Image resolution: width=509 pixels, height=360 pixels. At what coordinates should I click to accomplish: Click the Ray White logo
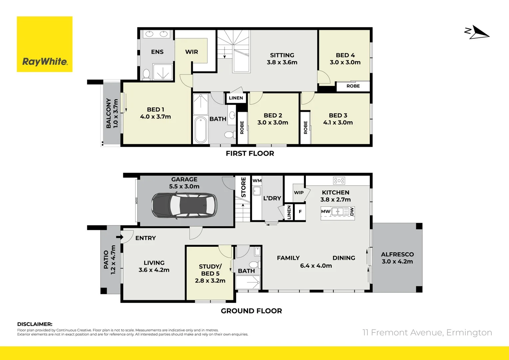[45, 44]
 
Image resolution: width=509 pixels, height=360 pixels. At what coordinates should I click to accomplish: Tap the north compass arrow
[477, 32]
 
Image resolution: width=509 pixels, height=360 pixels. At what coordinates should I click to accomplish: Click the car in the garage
[184, 205]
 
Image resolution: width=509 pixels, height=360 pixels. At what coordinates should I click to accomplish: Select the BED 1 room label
[155, 113]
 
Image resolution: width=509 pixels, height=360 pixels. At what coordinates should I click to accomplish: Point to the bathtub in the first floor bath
[201, 130]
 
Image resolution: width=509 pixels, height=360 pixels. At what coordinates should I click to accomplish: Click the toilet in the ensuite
[146, 74]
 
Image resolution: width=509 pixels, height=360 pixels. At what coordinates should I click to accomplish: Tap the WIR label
[192, 52]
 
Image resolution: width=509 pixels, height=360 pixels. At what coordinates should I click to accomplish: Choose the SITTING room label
[282, 59]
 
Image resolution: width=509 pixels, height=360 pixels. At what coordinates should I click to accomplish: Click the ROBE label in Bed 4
[353, 86]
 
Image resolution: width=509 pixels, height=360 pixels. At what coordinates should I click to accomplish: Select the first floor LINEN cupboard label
[236, 98]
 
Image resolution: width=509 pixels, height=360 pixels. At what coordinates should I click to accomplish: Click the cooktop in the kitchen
[339, 181]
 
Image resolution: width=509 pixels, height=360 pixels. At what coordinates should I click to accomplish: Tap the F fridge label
[300, 212]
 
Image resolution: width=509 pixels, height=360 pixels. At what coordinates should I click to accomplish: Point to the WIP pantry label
[299, 193]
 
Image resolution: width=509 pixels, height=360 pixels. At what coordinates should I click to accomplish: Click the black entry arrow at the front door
[119, 237]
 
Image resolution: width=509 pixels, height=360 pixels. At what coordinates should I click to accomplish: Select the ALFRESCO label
[397, 258]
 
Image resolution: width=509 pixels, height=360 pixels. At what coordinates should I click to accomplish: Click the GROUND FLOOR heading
[251, 311]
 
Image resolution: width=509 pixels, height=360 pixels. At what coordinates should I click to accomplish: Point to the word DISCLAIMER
[35, 324]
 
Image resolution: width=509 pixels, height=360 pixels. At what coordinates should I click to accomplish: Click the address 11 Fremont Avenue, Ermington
[427, 333]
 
